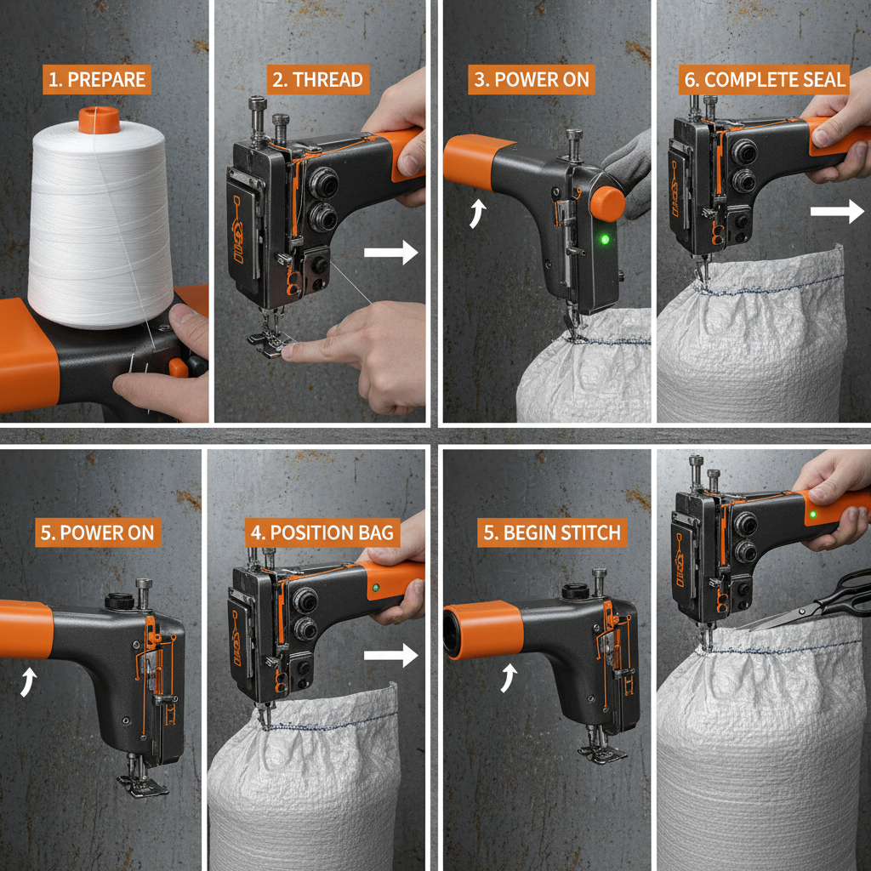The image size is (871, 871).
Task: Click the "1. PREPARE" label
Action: (96, 81)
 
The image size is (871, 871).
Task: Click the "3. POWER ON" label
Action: (531, 81)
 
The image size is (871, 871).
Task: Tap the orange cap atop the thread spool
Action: (98, 119)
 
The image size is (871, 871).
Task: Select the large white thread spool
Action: (100, 221)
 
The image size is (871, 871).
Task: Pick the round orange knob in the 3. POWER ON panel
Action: (606, 202)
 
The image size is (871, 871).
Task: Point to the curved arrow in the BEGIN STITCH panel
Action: (510, 678)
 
